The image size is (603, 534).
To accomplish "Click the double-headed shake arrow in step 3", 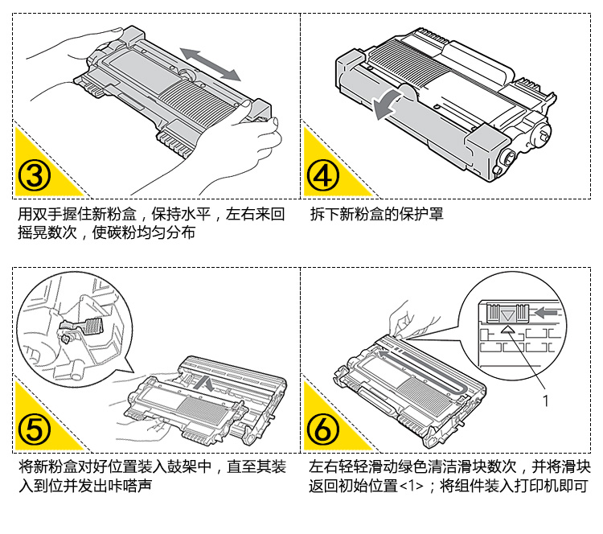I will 210,64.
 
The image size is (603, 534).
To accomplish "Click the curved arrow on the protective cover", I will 392,103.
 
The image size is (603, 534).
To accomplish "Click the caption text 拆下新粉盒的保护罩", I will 376,216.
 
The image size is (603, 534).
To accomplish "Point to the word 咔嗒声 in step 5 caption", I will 134,486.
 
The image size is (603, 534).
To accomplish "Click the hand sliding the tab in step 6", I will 406,318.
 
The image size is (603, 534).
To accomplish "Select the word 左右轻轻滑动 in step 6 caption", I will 349,467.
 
